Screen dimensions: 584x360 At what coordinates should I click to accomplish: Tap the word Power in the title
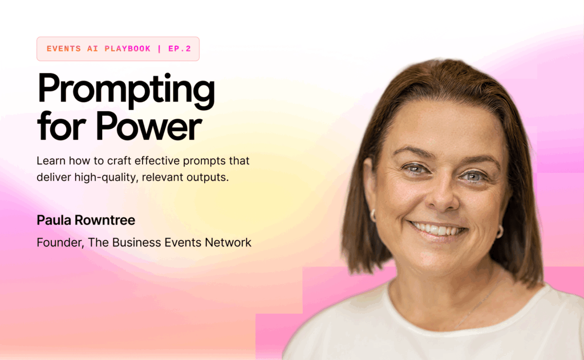[x=149, y=126]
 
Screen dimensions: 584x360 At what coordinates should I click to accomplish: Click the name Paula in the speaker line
[x=54, y=220]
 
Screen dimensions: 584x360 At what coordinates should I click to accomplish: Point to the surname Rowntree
[x=105, y=220]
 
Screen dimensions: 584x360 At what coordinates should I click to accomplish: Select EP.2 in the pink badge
[x=180, y=49]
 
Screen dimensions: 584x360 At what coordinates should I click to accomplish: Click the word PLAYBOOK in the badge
[x=127, y=49]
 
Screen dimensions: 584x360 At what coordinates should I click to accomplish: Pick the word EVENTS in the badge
[x=64, y=49]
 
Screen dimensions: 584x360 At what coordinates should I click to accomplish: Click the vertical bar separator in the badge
[x=160, y=49]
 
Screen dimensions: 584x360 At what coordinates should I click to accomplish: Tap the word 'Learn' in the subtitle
[x=51, y=161]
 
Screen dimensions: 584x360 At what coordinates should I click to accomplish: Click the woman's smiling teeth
[x=437, y=229]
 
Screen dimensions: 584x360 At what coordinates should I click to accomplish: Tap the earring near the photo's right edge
[x=500, y=232]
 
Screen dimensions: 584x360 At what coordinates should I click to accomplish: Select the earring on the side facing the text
[x=373, y=216]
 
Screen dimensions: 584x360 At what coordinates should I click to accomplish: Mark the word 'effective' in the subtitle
[x=157, y=161]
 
